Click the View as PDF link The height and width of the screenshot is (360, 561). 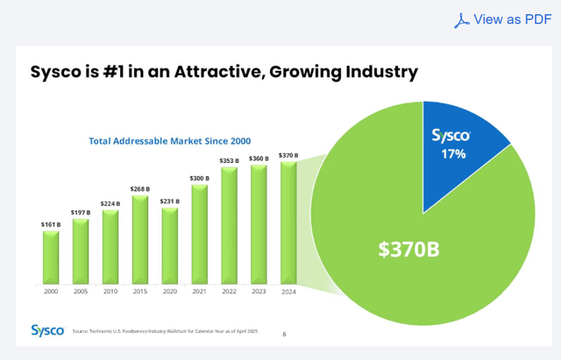(512, 19)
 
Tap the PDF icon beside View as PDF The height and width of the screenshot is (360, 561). (461, 20)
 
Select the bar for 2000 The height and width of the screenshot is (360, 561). (51, 258)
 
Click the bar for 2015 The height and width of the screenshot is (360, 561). (140, 239)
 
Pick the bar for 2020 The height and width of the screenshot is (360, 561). (170, 246)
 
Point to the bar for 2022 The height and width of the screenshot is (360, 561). (230, 225)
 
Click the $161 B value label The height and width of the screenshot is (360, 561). (51, 224)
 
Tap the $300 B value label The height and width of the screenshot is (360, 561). (200, 179)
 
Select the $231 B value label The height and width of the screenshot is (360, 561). (170, 201)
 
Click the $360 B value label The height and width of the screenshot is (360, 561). (259, 159)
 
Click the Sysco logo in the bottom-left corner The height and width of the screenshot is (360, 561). (46, 330)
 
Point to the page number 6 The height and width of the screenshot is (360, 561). (284, 334)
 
